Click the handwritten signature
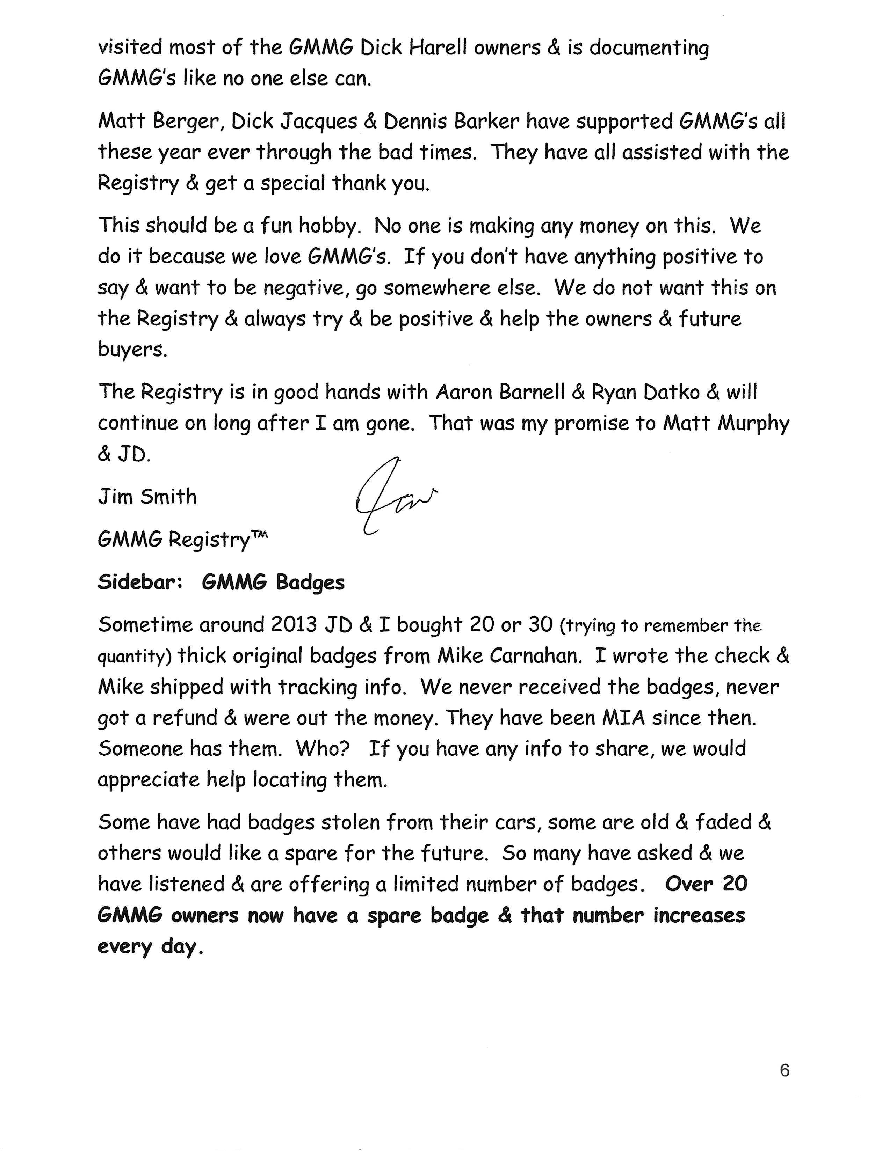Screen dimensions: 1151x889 pos(393,496)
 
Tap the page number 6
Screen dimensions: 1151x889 pos(784,1070)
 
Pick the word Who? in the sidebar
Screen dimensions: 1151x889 pos(323,749)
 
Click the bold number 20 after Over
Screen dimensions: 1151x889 pos(735,884)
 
